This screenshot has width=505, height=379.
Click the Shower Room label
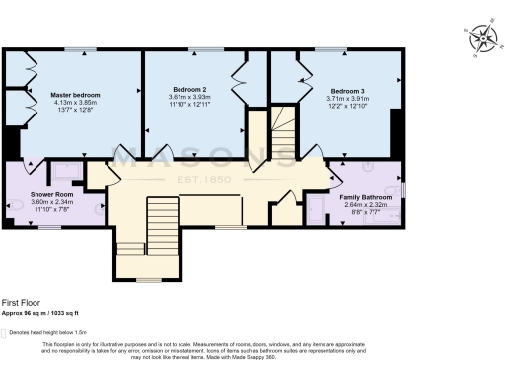tap(47, 194)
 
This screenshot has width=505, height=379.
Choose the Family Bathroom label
tap(365, 197)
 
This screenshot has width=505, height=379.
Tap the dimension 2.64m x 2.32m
tap(365, 204)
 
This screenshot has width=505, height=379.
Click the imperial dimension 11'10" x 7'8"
tap(47, 209)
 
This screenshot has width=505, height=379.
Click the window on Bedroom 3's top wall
tap(329, 48)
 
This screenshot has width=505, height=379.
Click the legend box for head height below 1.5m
tap(4, 333)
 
